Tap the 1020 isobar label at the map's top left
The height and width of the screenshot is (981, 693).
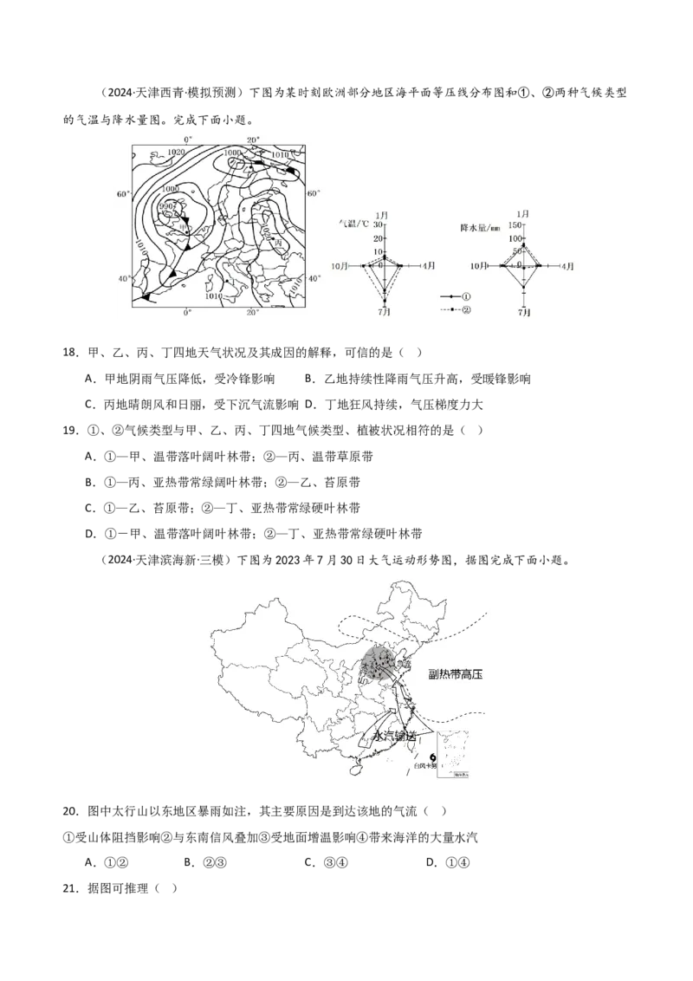176,153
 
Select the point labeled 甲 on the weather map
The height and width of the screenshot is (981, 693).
182,226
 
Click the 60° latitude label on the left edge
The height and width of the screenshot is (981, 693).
123,194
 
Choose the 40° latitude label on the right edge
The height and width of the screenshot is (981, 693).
314,277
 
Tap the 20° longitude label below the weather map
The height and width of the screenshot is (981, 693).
252,312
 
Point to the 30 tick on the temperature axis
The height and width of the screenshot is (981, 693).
379,225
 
